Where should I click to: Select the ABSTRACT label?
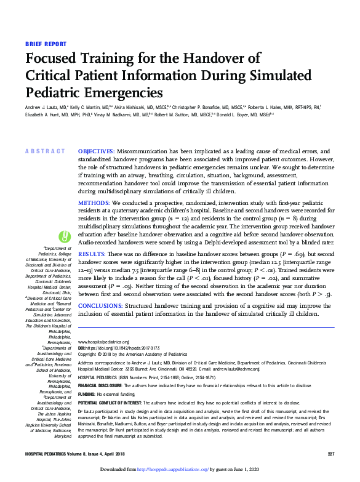click(x=45, y=151)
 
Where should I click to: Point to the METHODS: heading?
click(x=94, y=202)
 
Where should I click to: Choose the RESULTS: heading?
click(x=92, y=254)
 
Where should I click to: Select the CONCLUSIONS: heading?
click(x=103, y=305)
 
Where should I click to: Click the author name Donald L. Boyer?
click(x=262, y=114)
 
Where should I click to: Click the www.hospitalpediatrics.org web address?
click(x=103, y=342)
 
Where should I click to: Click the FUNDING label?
click(x=86, y=393)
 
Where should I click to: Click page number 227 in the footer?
click(x=330, y=453)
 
